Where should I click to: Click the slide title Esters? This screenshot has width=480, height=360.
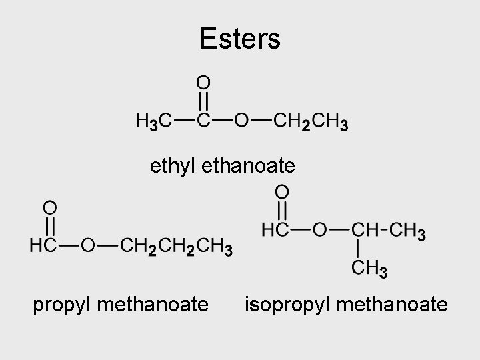coord(240,39)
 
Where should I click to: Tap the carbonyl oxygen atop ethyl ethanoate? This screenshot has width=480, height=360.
coord(204,82)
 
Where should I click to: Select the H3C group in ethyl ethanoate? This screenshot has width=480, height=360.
coord(153,122)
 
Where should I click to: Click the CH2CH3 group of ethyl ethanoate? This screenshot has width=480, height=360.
coord(311,122)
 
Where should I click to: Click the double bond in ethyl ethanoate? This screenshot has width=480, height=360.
coord(204,101)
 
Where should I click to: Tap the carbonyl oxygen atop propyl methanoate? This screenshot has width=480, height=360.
coord(50,206)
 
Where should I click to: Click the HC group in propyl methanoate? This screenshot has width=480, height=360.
coord(43,247)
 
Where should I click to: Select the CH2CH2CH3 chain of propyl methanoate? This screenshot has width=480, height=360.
coord(176,247)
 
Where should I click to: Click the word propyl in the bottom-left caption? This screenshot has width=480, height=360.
coord(63,305)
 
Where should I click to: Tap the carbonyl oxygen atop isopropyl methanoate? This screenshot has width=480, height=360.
coord(282,192)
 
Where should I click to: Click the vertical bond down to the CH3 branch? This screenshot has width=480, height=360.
coord(360,250)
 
